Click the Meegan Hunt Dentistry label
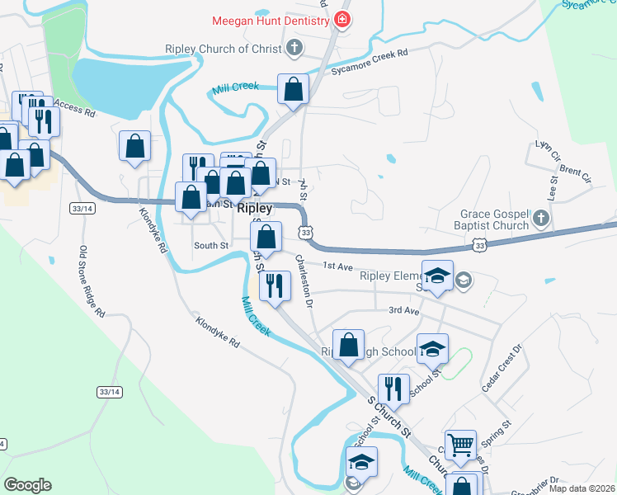271,20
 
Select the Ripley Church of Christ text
223,49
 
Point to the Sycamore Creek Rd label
370,62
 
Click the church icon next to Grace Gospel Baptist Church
540,218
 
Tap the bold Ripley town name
254,209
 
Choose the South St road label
210,245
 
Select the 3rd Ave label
404,310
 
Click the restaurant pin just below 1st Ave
274,285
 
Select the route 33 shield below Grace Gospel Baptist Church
479,245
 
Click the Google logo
27,485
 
